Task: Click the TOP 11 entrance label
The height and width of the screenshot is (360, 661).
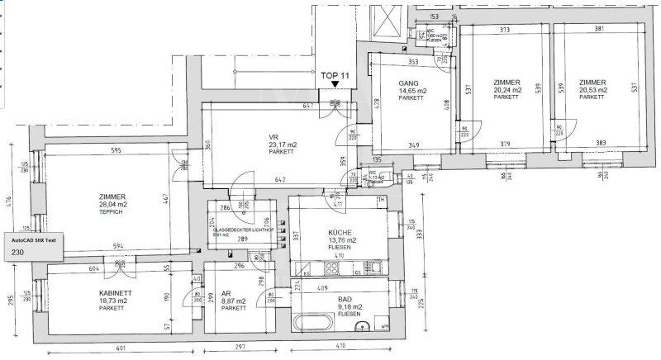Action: coord(334,73)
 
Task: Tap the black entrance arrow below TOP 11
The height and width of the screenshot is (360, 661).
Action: coord(334,83)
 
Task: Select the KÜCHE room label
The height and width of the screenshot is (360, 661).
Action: coord(339,233)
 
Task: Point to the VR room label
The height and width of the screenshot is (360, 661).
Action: coord(273,137)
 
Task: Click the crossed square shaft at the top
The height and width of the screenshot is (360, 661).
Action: coord(385,21)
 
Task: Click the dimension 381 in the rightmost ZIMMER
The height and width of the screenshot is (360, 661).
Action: coord(599,29)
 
